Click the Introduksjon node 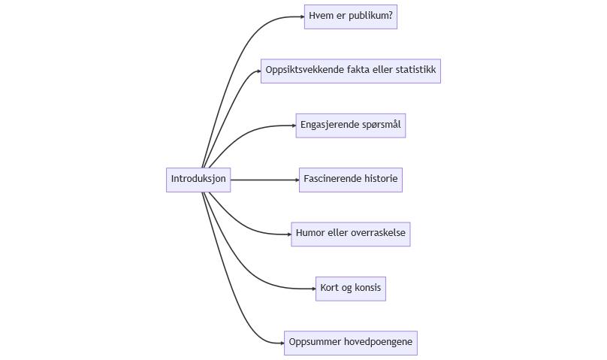click(x=198, y=180)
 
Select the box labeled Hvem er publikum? click(x=350, y=16)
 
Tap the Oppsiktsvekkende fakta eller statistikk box click(x=350, y=71)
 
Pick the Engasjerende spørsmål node click(x=350, y=125)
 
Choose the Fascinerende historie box click(x=350, y=180)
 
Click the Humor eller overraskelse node click(x=350, y=234)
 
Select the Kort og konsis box click(x=350, y=288)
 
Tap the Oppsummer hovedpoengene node click(x=350, y=343)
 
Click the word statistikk click(x=415, y=71)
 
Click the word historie click(x=381, y=180)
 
